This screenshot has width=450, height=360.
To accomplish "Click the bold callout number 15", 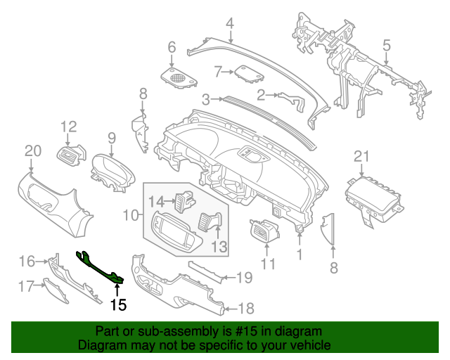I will click(x=118, y=304).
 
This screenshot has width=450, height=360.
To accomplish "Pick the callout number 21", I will click(x=361, y=156).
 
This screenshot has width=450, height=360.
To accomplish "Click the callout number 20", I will click(x=32, y=150).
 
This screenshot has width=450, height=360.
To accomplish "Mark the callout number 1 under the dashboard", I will click(x=300, y=253).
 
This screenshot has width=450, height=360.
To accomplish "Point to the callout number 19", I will click(x=243, y=278).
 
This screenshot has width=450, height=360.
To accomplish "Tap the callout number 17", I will click(x=26, y=286).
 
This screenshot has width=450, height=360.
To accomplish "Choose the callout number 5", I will click(x=386, y=46).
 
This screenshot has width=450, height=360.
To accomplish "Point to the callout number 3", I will click(x=205, y=100).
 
